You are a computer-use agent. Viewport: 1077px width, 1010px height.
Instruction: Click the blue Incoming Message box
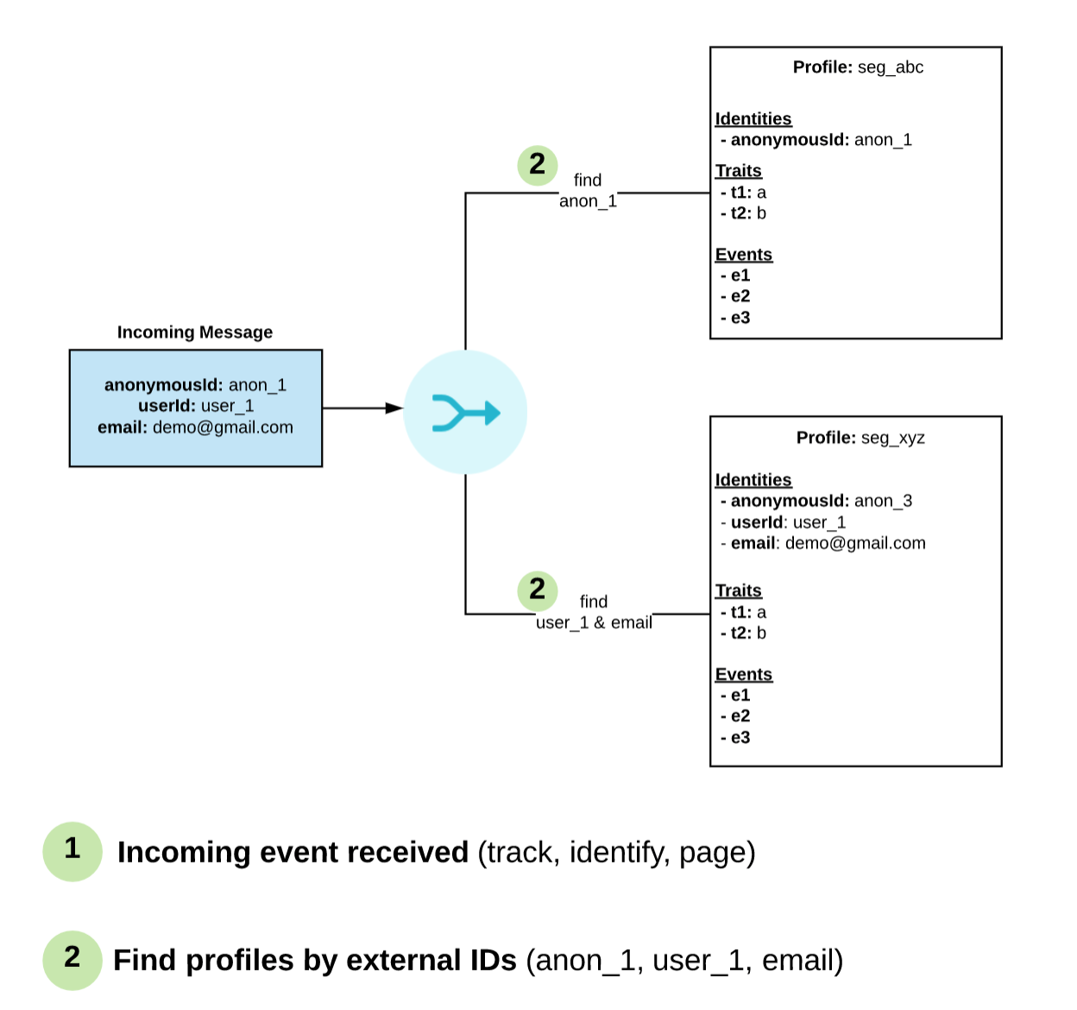[196, 408]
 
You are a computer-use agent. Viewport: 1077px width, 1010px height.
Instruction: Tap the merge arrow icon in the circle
[466, 413]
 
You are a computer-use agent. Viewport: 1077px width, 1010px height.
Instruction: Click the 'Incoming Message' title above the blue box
[195, 332]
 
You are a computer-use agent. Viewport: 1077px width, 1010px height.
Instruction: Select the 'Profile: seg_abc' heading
[858, 67]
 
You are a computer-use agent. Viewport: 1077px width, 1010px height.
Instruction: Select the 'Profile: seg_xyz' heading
[860, 438]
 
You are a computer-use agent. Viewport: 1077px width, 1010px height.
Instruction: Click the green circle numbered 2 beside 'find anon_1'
[538, 166]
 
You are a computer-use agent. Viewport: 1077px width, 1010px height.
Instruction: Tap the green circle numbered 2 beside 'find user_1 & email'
[538, 591]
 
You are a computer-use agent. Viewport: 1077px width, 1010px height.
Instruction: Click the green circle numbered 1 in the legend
[72, 851]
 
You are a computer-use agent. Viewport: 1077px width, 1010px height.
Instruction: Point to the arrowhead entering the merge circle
[394, 408]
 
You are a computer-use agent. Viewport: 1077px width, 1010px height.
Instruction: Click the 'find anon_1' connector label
[588, 191]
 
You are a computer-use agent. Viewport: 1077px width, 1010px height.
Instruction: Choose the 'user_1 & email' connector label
[594, 622]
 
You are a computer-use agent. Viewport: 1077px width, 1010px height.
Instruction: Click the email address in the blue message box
[223, 427]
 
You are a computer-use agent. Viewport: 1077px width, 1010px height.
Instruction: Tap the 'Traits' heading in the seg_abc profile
[738, 171]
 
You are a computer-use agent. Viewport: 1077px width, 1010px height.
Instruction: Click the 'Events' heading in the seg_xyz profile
[744, 674]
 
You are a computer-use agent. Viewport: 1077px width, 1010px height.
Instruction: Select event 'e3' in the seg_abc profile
[735, 318]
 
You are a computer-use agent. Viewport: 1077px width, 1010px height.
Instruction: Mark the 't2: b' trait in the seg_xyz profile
[743, 634]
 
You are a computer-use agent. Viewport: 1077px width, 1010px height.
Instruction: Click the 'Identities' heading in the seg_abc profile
[753, 119]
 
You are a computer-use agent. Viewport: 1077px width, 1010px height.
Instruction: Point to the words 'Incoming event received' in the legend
[293, 852]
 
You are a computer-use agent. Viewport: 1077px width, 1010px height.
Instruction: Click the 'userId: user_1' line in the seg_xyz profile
[783, 522]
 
